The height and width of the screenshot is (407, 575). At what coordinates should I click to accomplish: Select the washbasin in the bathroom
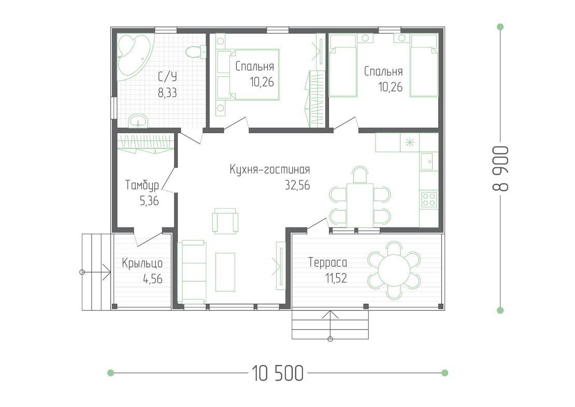coord(138,120)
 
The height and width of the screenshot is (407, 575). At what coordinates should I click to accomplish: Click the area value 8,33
coord(167,93)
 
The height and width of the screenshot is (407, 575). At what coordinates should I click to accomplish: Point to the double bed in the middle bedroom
coord(254,75)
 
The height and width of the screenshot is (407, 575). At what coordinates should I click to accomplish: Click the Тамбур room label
coord(142,185)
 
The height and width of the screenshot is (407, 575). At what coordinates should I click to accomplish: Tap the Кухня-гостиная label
coord(269,170)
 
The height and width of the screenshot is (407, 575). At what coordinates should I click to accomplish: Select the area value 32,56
coord(297,185)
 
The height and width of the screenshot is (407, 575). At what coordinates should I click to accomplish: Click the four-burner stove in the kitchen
coord(429,199)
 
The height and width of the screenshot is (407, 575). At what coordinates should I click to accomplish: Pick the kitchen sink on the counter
coord(429,161)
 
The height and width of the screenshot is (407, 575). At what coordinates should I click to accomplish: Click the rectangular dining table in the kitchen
coord(360,205)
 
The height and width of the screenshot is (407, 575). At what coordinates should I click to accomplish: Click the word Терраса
coord(327,263)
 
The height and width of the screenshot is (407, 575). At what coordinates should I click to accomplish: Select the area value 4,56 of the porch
coord(152,279)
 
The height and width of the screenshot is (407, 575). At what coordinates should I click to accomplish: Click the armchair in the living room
coord(225,220)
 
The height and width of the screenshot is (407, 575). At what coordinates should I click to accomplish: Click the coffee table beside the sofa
coord(225,272)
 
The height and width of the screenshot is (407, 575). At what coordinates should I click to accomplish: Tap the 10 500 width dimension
coord(278,373)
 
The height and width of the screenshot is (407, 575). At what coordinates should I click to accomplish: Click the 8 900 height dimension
coord(500,169)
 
